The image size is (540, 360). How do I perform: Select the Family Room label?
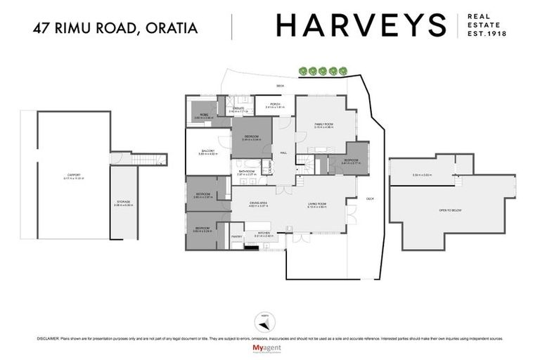point(323,124)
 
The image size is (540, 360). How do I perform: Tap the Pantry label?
point(237,236)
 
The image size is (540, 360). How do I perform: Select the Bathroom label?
point(246,171)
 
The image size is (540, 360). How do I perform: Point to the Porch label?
point(274,105)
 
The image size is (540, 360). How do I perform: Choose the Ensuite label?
point(239,108)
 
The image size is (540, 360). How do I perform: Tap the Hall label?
point(284,153)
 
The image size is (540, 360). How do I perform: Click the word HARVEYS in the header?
point(361,25)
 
